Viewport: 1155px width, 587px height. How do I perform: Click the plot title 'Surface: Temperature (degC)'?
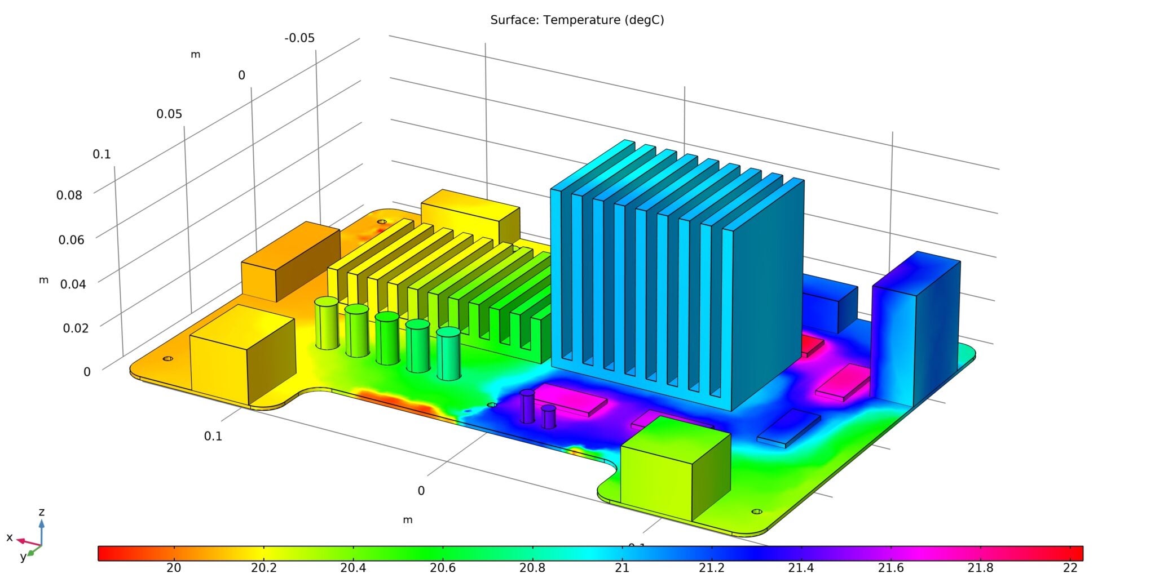tap(577, 20)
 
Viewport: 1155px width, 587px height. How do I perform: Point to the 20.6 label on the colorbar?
tap(442, 568)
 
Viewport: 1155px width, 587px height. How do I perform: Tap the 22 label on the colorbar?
tap(1070, 568)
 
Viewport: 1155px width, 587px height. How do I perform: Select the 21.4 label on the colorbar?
tap(801, 568)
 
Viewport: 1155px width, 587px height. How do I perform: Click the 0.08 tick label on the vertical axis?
tap(69, 195)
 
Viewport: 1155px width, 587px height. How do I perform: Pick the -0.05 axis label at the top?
tap(299, 38)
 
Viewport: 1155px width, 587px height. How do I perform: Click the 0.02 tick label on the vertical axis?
tap(76, 328)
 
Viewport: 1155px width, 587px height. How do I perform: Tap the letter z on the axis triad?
tap(41, 512)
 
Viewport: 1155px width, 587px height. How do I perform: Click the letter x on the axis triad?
tap(9, 537)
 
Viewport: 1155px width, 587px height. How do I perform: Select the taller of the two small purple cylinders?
tap(527, 407)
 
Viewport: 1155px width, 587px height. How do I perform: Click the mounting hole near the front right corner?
tap(757, 512)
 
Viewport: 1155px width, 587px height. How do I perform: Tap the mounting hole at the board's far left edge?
tap(167, 358)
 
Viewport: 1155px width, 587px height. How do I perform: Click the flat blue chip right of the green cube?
tap(788, 428)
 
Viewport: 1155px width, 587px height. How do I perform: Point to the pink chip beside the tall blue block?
tap(843, 381)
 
